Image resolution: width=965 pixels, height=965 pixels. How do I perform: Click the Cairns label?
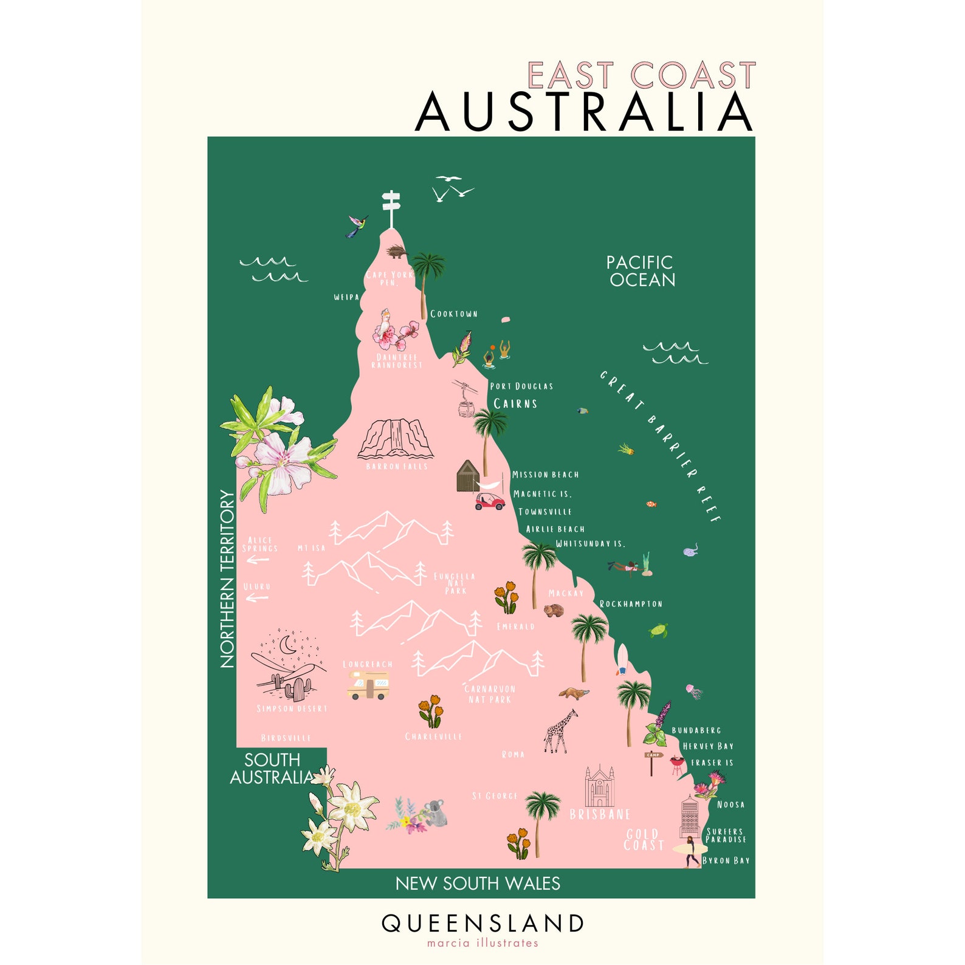515,404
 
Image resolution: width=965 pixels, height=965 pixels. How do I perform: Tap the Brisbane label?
599,814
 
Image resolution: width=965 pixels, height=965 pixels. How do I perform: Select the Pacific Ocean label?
641,271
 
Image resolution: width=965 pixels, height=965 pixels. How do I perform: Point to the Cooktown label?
454,314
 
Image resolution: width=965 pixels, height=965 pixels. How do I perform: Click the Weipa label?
346,297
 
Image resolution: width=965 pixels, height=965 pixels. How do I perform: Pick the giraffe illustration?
560,732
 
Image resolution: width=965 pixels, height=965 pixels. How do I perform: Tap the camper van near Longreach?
368,685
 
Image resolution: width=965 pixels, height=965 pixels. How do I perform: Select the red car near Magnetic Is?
490,502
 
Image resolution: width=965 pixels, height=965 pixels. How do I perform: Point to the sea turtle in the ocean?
659,630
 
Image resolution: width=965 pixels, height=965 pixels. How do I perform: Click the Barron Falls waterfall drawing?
396,439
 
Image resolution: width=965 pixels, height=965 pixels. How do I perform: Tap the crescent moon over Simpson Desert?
287,644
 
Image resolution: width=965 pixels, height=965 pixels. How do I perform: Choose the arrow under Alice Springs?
257,560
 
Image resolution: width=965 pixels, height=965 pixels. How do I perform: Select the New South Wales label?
478,883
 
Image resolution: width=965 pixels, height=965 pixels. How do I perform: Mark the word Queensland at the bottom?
482,923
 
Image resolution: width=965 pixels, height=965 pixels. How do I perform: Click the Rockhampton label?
631,604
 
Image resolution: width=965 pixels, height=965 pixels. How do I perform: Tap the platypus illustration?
574,693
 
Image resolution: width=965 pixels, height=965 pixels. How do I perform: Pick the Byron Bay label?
726,860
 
